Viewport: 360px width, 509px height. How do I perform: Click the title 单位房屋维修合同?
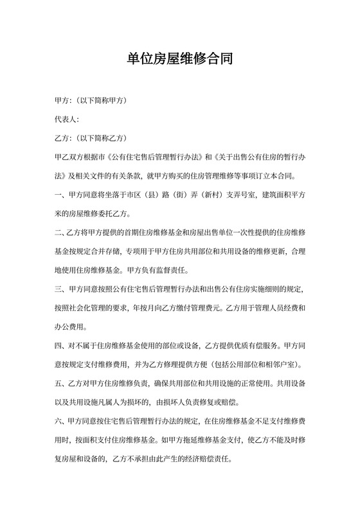point(180,60)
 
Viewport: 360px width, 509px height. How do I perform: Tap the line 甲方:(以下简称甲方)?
point(91,102)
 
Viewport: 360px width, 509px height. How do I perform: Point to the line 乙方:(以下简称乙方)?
point(91,138)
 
